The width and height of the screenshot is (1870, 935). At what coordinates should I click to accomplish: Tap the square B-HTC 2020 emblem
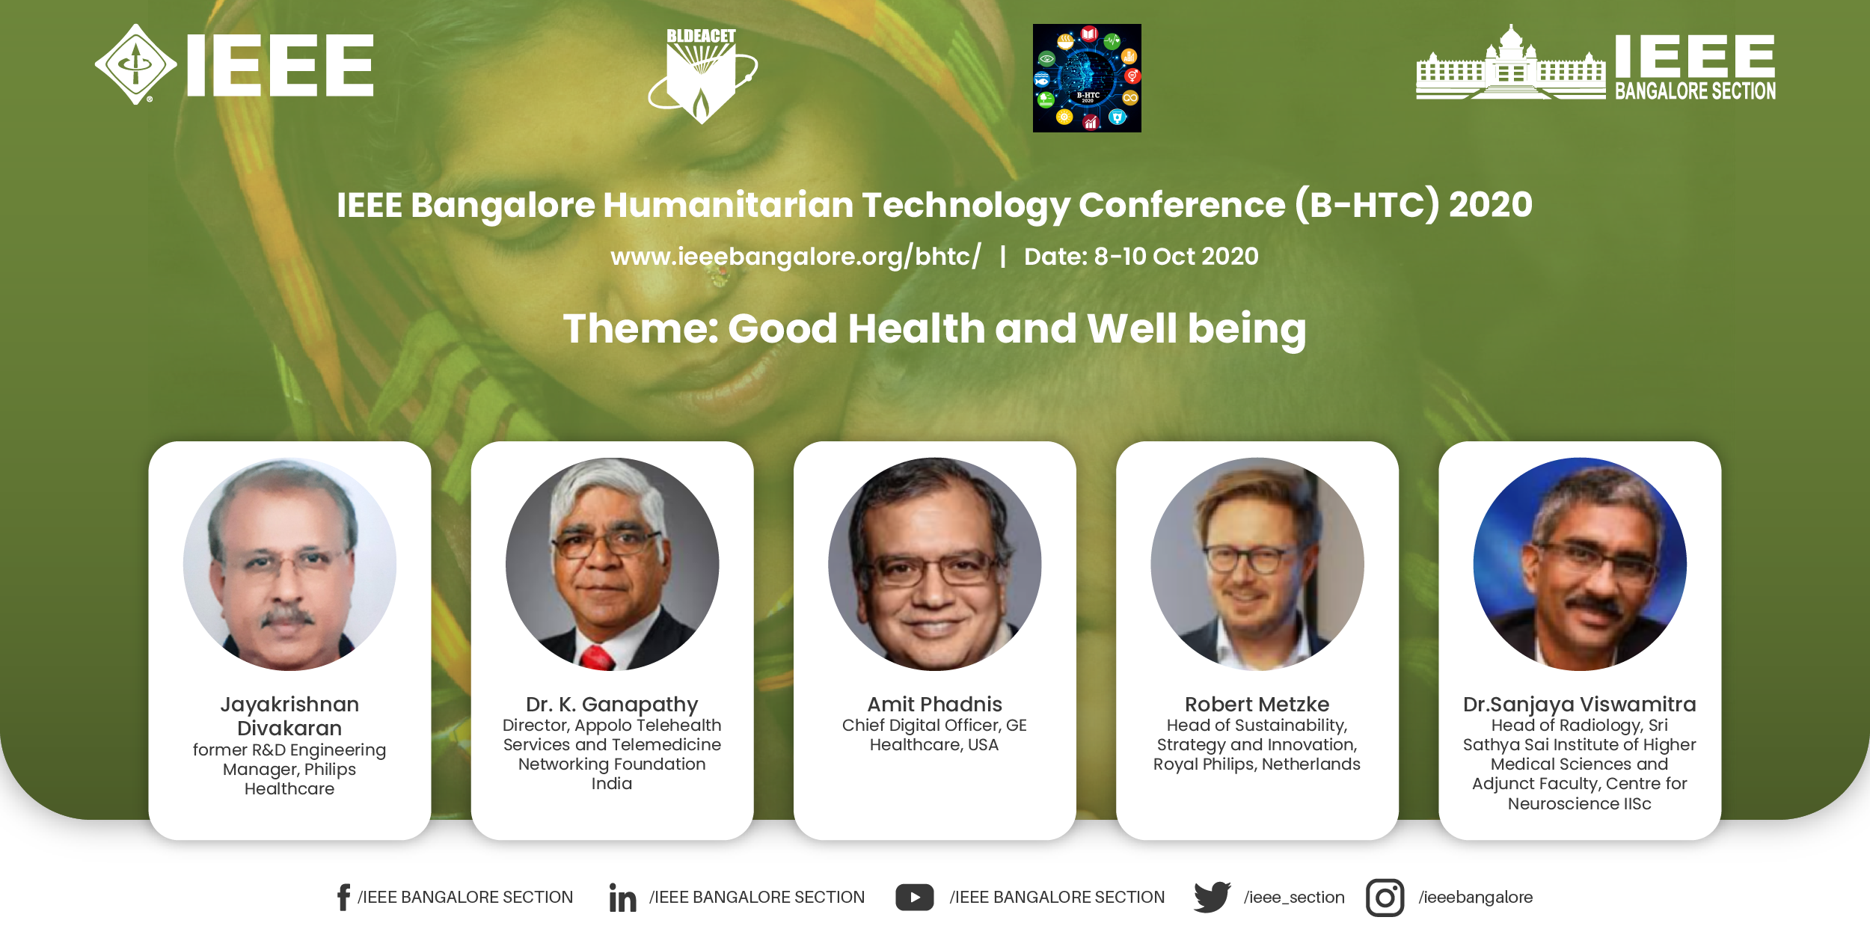(1087, 78)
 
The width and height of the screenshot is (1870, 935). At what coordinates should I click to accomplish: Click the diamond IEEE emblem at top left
(136, 64)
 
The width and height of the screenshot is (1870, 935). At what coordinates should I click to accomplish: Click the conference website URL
(796, 257)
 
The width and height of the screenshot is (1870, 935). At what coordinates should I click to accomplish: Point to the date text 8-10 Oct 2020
(1176, 257)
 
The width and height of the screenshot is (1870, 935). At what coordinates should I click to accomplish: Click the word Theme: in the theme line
(640, 329)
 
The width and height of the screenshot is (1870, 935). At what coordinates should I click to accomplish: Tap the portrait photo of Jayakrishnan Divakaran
(289, 564)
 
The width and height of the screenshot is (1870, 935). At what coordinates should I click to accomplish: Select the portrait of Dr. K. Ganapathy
(612, 564)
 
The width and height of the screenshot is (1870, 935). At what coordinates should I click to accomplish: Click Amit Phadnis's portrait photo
(935, 564)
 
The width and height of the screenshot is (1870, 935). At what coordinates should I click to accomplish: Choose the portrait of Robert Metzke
(1257, 564)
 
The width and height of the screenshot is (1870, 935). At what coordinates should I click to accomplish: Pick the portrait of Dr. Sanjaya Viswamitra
(1580, 564)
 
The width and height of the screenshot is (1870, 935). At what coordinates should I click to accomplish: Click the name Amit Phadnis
(934, 704)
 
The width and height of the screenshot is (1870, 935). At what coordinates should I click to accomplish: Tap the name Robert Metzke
(1257, 704)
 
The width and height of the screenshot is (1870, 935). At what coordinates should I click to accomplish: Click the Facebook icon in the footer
(343, 897)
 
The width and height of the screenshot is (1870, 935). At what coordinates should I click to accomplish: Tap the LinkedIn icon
(622, 898)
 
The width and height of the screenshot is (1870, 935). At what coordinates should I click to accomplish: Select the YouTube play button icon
(914, 898)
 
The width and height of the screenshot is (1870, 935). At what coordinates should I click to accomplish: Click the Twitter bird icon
(1212, 897)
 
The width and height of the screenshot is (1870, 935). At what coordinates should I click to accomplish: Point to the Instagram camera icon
(1385, 898)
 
